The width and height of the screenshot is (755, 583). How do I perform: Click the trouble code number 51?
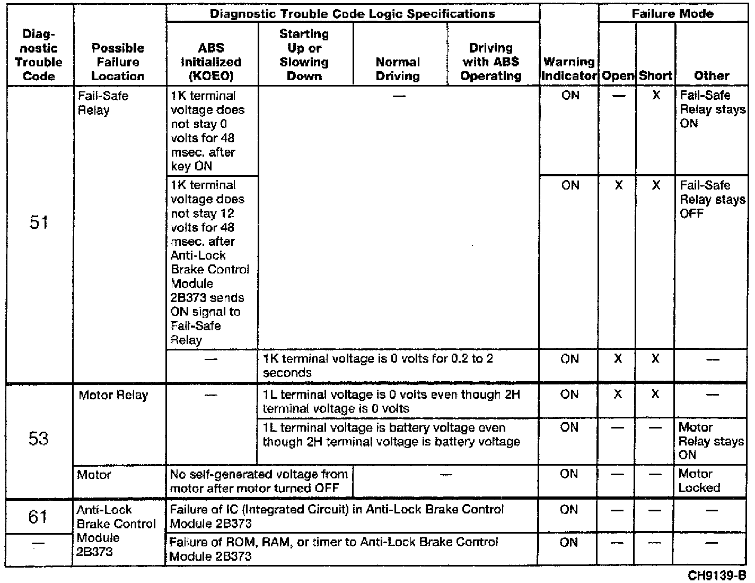(39, 222)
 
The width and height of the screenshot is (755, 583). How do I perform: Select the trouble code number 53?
(39, 439)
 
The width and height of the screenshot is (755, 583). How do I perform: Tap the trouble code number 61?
(38, 516)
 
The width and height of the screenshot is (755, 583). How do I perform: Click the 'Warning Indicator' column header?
(569, 69)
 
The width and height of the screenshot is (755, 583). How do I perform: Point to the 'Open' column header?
(618, 76)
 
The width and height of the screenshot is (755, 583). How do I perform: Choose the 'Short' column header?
(655, 76)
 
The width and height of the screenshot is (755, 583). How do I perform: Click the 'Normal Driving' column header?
(398, 69)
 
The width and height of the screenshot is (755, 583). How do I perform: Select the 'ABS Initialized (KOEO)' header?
(212, 62)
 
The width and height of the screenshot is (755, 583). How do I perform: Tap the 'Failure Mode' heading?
(672, 14)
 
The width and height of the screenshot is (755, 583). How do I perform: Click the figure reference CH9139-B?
(717, 576)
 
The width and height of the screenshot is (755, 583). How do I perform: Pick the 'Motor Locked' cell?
(699, 481)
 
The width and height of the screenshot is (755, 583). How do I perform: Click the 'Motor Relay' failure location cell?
(113, 395)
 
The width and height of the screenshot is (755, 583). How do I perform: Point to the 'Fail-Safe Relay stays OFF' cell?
(712, 199)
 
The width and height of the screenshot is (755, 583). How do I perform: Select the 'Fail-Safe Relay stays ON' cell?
(712, 109)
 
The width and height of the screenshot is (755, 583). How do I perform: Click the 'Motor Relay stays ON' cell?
(711, 441)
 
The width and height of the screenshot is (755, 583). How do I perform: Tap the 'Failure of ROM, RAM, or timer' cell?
(333, 549)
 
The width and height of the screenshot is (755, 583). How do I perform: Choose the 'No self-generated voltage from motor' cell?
(258, 481)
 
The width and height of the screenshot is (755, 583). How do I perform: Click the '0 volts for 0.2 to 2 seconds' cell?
(377, 365)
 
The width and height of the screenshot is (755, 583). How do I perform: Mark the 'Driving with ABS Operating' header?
(491, 62)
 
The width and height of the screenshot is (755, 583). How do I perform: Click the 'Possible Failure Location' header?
(118, 62)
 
